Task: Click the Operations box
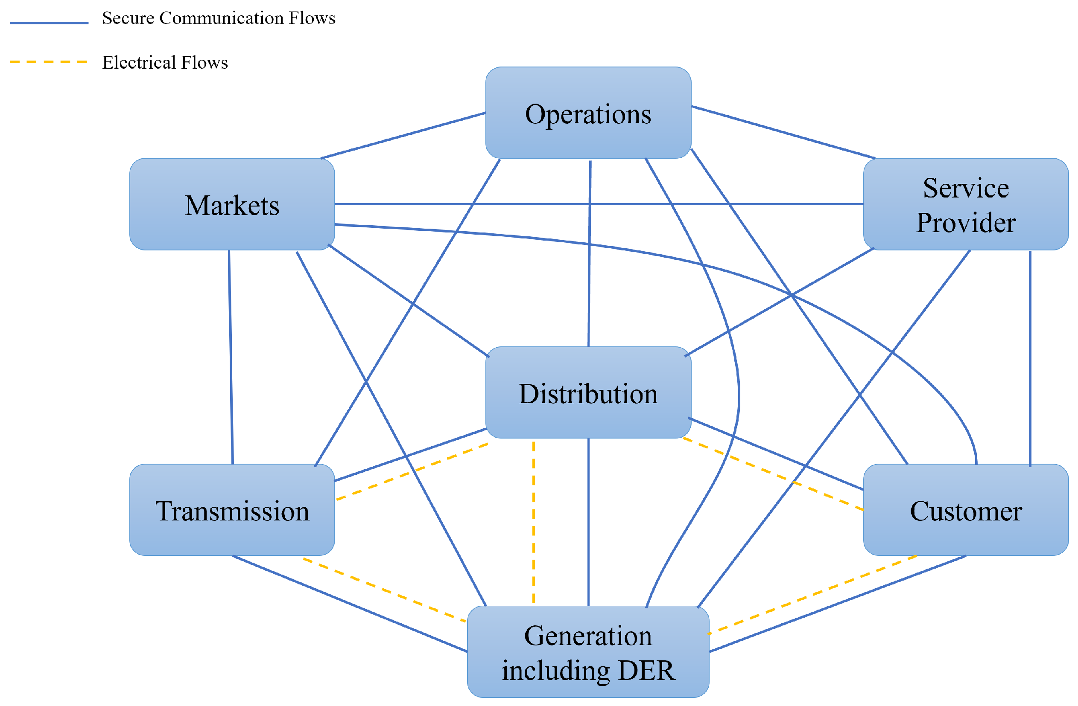588,113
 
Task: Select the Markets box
232,205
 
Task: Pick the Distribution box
588,393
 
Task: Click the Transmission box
232,511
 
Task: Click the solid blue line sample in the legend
49,23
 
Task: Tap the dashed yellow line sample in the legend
49,61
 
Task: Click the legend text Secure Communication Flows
218,18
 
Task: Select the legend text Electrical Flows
165,62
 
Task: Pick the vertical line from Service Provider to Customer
1030,357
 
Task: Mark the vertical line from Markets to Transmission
231,357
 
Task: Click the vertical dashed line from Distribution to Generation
534,520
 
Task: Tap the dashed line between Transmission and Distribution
412,471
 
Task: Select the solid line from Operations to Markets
403,135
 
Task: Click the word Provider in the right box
966,223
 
